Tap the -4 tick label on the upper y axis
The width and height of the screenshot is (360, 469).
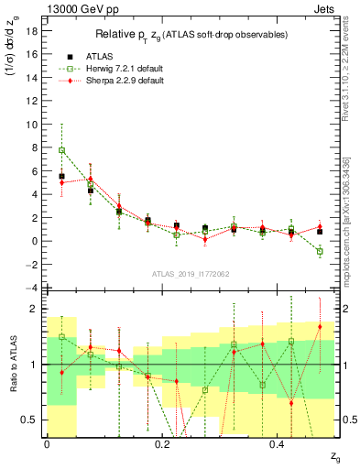pos(32,289)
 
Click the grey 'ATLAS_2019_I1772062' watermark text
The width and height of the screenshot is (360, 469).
pos(191,274)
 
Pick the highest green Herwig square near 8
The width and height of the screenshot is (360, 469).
pos(62,150)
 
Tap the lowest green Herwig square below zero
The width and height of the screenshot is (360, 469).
pos(320,251)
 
